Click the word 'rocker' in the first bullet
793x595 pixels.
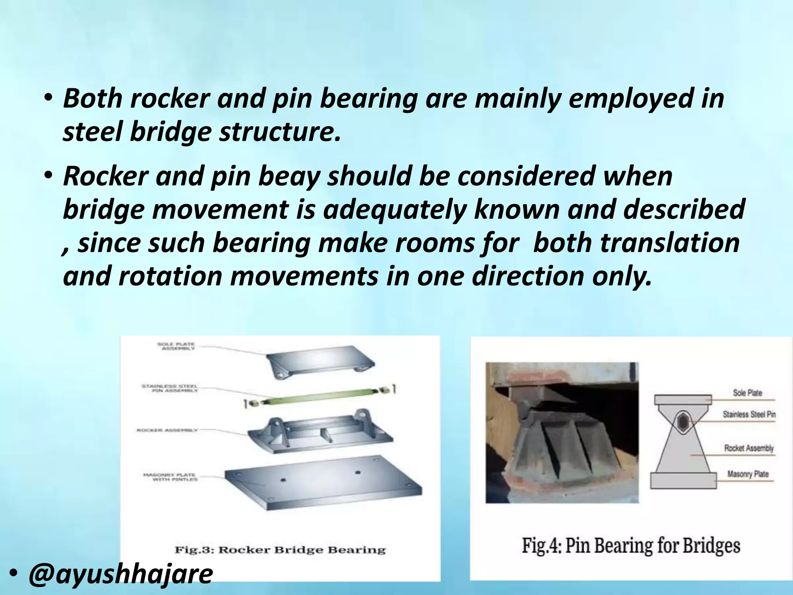[170, 98]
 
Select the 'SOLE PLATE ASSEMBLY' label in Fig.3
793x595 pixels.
[177, 346]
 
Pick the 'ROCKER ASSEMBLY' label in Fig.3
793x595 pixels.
[167, 430]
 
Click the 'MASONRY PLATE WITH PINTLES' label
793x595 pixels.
[171, 477]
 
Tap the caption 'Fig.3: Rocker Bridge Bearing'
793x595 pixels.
[280, 550]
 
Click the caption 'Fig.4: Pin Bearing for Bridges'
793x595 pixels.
[631, 546]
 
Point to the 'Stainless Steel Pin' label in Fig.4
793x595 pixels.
[749, 414]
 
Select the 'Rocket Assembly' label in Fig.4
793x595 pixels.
[749, 448]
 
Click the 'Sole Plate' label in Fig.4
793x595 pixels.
[747, 393]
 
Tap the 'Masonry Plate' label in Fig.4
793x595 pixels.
[748, 474]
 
